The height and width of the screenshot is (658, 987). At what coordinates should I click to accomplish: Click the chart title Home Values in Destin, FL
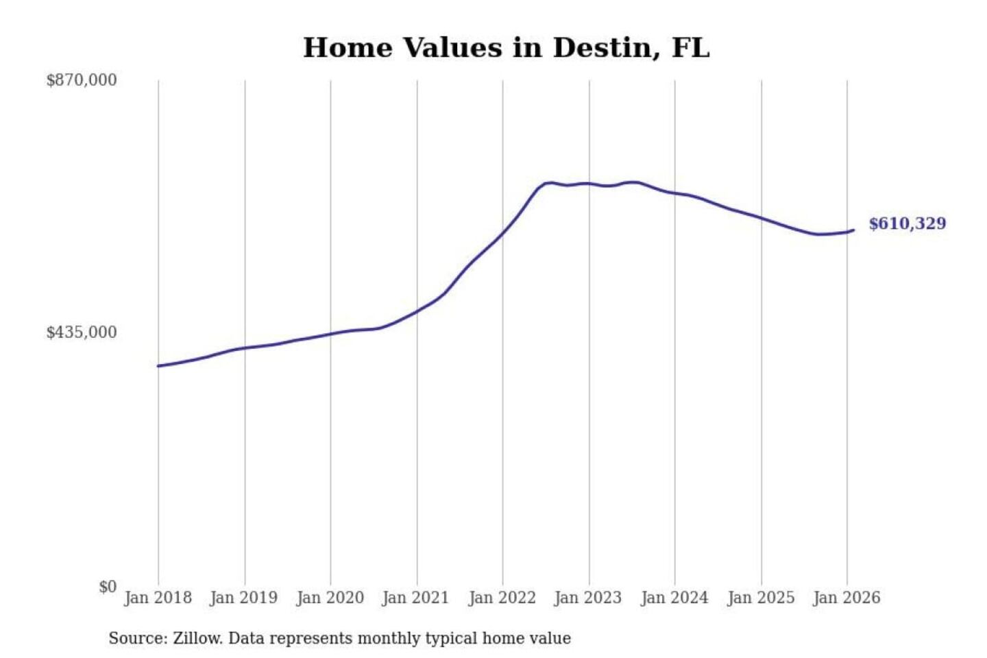pyautogui.click(x=506, y=48)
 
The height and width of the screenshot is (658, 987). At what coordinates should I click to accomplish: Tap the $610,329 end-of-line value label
pyautogui.click(x=907, y=223)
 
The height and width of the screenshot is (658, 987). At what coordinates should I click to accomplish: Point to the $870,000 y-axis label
pyautogui.click(x=82, y=80)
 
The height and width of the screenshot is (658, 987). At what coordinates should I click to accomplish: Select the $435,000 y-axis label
pyautogui.click(x=82, y=332)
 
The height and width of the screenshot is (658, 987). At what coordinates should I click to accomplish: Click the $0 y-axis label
pyautogui.click(x=108, y=587)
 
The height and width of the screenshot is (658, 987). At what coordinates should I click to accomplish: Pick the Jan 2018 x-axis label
pyautogui.click(x=158, y=598)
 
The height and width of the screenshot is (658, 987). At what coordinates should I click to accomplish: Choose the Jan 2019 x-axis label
pyautogui.click(x=243, y=598)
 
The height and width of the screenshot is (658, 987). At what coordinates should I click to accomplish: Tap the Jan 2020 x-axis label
pyautogui.click(x=330, y=598)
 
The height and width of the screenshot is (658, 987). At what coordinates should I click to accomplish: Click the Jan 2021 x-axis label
pyautogui.click(x=415, y=598)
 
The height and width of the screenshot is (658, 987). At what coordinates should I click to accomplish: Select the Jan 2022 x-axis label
pyautogui.click(x=502, y=598)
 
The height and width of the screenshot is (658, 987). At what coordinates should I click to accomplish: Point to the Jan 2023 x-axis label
pyautogui.click(x=587, y=598)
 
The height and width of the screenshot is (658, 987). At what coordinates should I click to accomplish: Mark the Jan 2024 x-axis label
pyautogui.click(x=674, y=598)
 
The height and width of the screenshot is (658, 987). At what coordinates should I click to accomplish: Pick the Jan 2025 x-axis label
pyautogui.click(x=760, y=598)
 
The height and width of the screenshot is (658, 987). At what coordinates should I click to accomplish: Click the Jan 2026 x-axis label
pyautogui.click(x=846, y=598)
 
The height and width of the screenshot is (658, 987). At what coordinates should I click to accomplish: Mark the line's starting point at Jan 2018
pyautogui.click(x=158, y=366)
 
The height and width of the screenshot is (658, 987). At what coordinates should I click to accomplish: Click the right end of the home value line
pyautogui.click(x=853, y=230)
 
